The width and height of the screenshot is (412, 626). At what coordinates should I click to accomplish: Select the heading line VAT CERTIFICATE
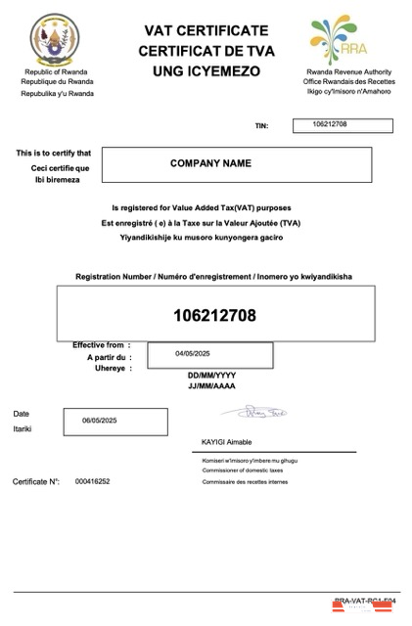[205, 31]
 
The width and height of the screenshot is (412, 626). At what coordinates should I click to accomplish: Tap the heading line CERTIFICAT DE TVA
[205, 51]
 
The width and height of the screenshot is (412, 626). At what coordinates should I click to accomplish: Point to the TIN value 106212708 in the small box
[330, 124]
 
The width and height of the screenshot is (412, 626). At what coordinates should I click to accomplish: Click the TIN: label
[260, 127]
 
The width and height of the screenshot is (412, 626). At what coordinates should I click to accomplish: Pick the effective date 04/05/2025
[194, 353]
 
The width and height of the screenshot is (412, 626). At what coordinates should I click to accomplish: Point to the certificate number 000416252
[92, 482]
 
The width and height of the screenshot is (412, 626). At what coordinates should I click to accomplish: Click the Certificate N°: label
[37, 482]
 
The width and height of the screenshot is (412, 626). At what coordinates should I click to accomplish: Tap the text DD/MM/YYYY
[210, 376]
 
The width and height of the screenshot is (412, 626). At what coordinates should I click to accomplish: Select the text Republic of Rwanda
[58, 72]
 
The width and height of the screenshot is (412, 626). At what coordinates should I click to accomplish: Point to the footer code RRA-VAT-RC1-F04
[364, 601]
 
